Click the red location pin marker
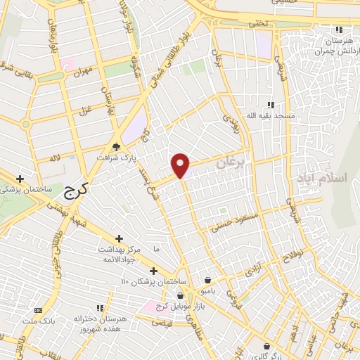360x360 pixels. [x=181, y=165]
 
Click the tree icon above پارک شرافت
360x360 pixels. [x=117, y=147]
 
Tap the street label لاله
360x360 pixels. [x=56, y=160]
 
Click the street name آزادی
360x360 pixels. [x=252, y=271]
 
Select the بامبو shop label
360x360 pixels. [x=207, y=290]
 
